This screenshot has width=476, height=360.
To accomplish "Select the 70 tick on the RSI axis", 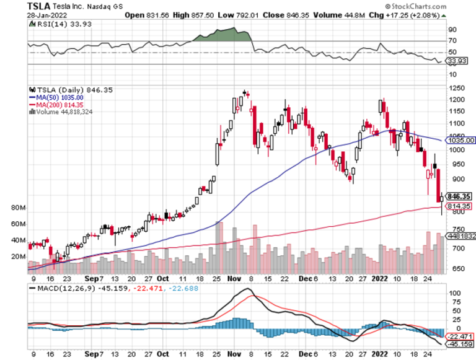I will point(452,41).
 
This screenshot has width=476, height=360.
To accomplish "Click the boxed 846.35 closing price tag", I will point(458,196).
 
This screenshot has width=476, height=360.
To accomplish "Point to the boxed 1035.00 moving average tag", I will point(459,140).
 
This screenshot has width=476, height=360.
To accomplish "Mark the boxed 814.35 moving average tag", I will point(459,206).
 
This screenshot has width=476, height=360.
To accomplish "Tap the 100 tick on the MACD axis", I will point(455,293).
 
